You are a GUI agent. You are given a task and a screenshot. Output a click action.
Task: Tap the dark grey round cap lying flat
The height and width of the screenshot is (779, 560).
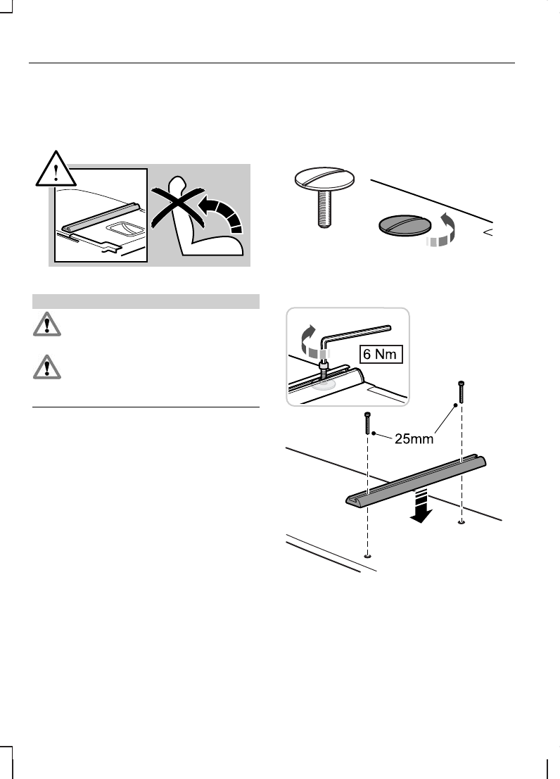[x=404, y=224]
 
